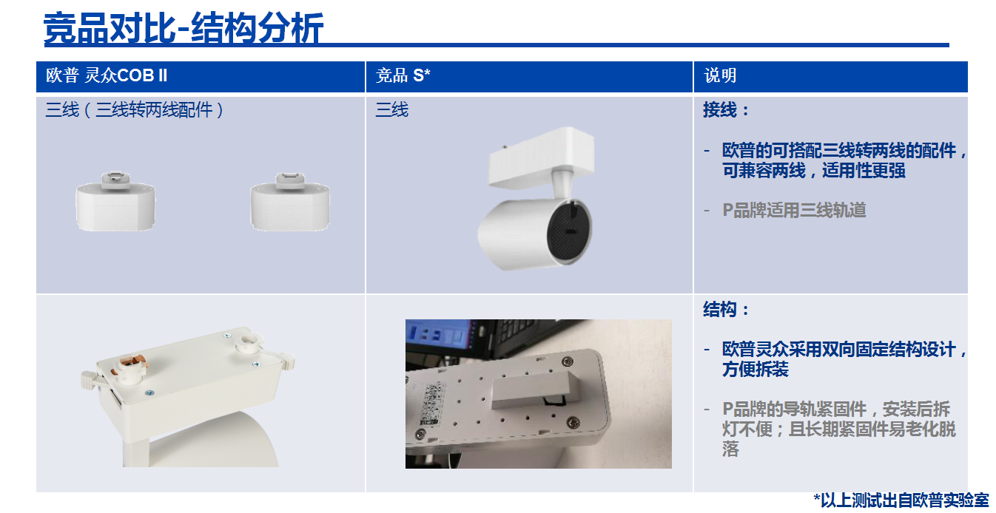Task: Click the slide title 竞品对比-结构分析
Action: coord(184,28)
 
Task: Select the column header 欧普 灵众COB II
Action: coord(107,75)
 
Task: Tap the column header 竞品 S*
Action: coord(403,75)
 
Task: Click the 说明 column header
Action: coord(720,75)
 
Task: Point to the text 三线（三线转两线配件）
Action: coord(134,109)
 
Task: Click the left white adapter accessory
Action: coord(115,202)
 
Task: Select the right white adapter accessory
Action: coord(290,202)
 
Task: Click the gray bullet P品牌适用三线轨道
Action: coord(794,210)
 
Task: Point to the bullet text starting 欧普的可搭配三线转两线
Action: coord(844,160)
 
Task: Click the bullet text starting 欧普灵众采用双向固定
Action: coord(844,359)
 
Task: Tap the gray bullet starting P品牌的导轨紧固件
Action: coord(838,429)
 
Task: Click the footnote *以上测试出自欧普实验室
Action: coord(901,500)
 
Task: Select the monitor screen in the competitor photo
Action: coord(437,336)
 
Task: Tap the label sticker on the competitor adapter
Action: coord(431,404)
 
